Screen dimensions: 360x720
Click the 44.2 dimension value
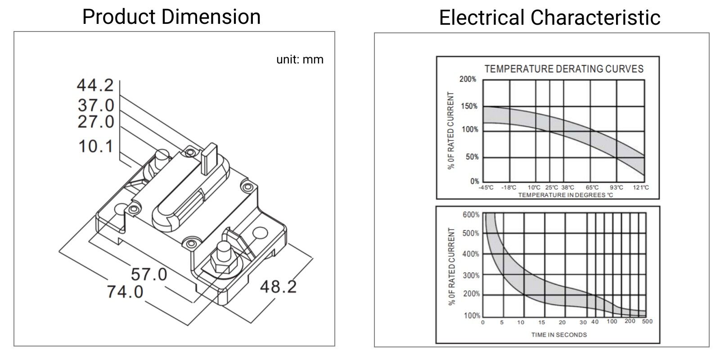pyautogui.click(x=95, y=85)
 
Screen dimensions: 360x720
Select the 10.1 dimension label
pyautogui.click(x=96, y=146)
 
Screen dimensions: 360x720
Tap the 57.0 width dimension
pyautogui.click(x=149, y=274)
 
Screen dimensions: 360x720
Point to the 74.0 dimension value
pyautogui.click(x=125, y=292)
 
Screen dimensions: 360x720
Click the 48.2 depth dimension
pyautogui.click(x=278, y=286)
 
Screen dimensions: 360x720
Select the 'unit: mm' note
pyautogui.click(x=300, y=59)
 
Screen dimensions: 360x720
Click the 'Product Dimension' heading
pyautogui.click(x=171, y=17)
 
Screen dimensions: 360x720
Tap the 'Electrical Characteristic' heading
pyautogui.click(x=549, y=18)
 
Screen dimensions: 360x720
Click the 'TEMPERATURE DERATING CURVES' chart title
pyautogui.click(x=564, y=69)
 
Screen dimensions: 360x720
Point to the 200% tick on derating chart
pyautogui.click(x=468, y=80)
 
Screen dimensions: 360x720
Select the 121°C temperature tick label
pyautogui.click(x=641, y=188)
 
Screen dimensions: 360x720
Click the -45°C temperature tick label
pyautogui.click(x=486, y=188)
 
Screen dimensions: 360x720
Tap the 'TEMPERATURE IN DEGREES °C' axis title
pyautogui.click(x=565, y=195)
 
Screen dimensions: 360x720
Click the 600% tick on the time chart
pyautogui.click(x=471, y=215)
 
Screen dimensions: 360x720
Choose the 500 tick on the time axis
pyautogui.click(x=647, y=321)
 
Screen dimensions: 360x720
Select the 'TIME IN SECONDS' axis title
pyautogui.click(x=559, y=335)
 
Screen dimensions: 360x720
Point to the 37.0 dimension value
pyautogui.click(x=96, y=105)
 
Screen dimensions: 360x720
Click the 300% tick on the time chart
pyautogui.click(x=471, y=275)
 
